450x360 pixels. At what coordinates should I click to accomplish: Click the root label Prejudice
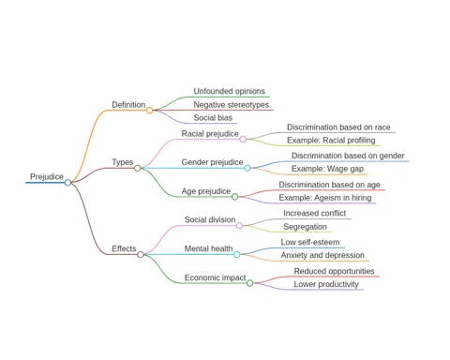tap(47, 176)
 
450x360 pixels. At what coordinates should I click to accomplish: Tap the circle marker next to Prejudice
tap(67, 182)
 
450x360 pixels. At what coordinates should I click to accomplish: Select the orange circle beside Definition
tap(149, 110)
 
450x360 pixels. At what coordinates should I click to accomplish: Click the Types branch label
tap(123, 162)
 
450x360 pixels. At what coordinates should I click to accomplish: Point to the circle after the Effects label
tap(141, 254)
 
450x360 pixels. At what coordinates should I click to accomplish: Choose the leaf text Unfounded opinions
tap(229, 91)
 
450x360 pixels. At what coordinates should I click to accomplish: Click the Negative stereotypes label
tap(232, 105)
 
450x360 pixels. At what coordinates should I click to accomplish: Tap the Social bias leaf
tap(213, 118)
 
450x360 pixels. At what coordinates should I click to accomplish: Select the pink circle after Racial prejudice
tap(243, 139)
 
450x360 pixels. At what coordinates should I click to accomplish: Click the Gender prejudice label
tap(212, 162)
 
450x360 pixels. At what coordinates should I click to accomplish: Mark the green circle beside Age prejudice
tap(234, 197)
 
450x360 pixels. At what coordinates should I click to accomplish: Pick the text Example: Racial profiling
tap(331, 141)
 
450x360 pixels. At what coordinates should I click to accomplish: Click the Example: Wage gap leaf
tap(327, 169)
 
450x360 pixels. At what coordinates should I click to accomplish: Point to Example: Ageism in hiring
tap(325, 198)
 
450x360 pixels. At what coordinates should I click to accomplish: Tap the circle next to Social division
tap(239, 225)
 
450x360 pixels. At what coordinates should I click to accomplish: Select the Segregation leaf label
tap(305, 227)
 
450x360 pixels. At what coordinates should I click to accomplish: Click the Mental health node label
tap(208, 248)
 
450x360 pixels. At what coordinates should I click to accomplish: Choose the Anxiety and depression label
tap(322, 255)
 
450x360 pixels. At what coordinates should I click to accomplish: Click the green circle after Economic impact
tap(249, 283)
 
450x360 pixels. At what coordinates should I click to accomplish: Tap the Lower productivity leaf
tap(326, 284)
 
